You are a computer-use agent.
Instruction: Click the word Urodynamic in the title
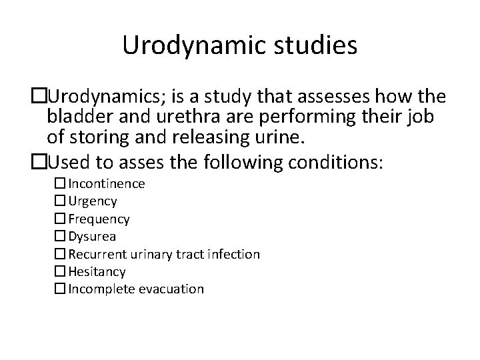(179, 46)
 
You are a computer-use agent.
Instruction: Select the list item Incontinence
(107, 183)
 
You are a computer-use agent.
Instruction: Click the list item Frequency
(99, 219)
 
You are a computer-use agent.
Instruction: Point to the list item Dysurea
(92, 236)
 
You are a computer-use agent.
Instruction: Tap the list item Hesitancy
(97, 271)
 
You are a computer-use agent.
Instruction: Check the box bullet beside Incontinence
(60, 183)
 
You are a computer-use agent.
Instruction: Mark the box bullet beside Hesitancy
(60, 271)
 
